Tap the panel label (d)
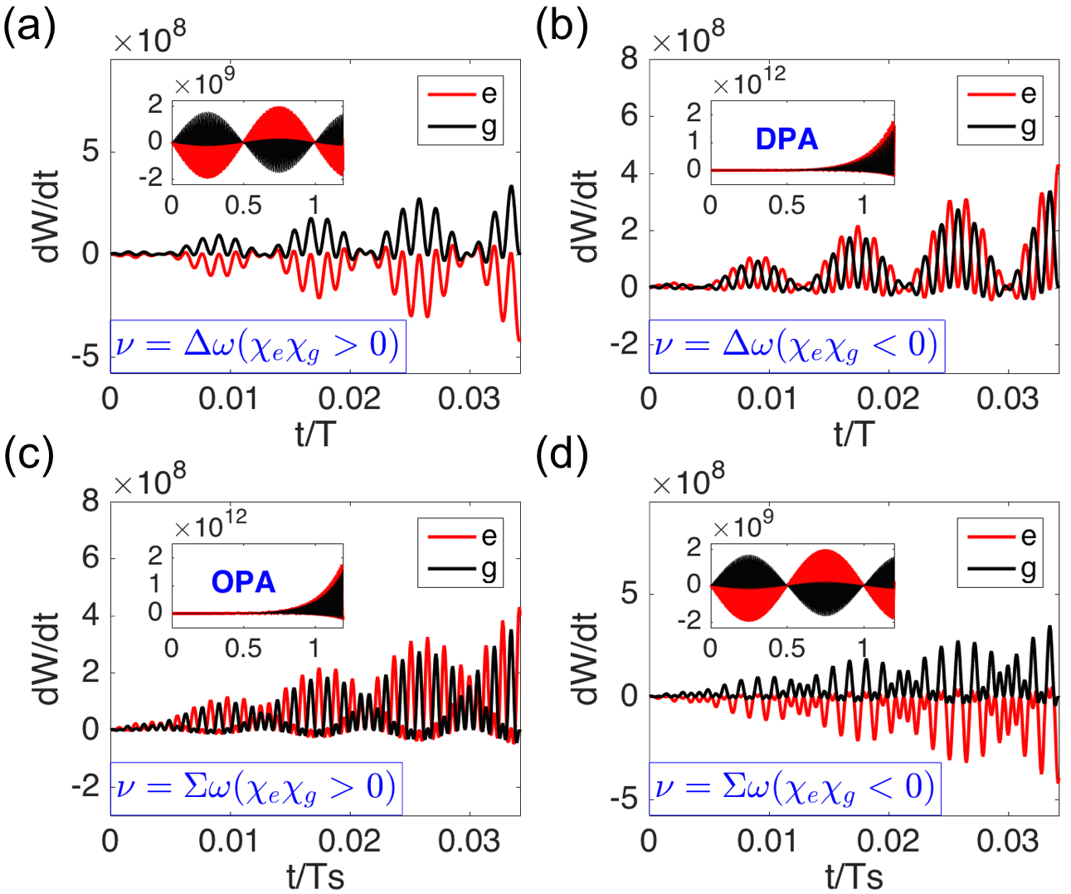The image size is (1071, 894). point(562,454)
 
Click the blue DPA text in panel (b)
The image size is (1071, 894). point(786,138)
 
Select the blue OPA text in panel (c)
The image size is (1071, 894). point(243,581)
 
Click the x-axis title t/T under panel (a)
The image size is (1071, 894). point(315,433)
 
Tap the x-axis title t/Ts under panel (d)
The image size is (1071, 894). point(854,876)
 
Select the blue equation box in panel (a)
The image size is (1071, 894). point(258,345)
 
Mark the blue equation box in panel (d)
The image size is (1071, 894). point(795,788)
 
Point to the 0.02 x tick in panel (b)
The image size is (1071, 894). point(888,399)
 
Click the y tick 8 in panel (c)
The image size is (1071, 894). point(90,501)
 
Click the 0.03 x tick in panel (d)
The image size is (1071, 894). point(1007,841)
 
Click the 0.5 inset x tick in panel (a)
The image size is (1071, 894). point(243,205)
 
